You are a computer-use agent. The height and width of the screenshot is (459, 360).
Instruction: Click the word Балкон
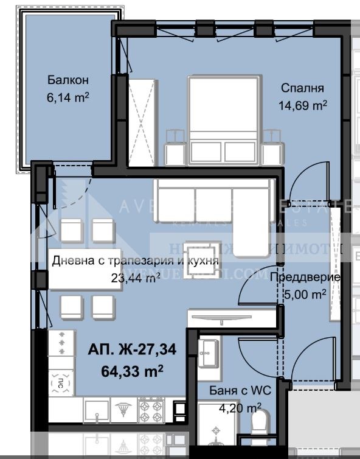tap(68, 80)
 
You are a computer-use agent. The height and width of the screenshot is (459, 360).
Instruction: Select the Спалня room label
tap(303, 88)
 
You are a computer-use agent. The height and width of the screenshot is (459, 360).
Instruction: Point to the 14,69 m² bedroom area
tap(303, 104)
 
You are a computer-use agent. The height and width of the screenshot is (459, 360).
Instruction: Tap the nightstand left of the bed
tap(175, 144)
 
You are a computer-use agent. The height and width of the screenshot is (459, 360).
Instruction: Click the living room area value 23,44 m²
tap(135, 278)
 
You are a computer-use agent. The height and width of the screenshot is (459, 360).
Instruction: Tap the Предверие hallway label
tap(304, 278)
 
